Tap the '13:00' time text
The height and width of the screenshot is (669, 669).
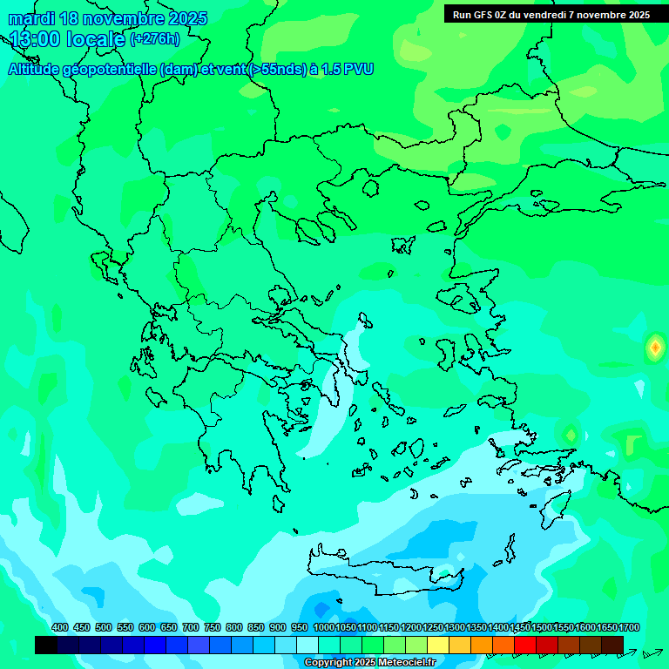pyautogui.click(x=36, y=39)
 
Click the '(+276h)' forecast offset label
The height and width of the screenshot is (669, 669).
pyautogui.click(x=154, y=38)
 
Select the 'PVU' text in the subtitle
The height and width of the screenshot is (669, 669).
pyautogui.click(x=358, y=69)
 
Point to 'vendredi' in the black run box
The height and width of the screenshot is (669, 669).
pyautogui.click(x=545, y=14)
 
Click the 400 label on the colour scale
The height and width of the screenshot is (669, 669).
pyautogui.click(x=60, y=627)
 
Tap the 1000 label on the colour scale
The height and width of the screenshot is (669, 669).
pyautogui.click(x=324, y=627)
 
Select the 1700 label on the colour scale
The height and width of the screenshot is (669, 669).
pyautogui.click(x=629, y=627)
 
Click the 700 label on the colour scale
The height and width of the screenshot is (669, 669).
pyautogui.click(x=191, y=627)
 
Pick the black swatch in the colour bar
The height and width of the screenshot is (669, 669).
pyautogui.click(x=46, y=645)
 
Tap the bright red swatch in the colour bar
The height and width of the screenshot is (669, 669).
pyautogui.click(x=525, y=645)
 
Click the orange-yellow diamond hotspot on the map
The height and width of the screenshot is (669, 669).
pyautogui.click(x=654, y=348)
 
